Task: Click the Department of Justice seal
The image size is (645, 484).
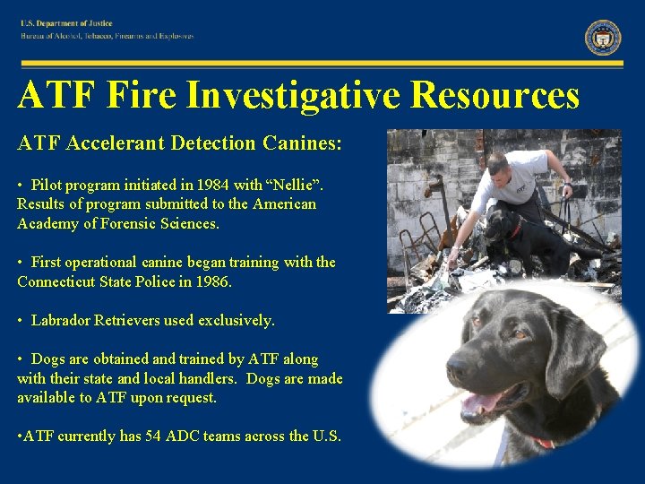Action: click(x=603, y=38)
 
